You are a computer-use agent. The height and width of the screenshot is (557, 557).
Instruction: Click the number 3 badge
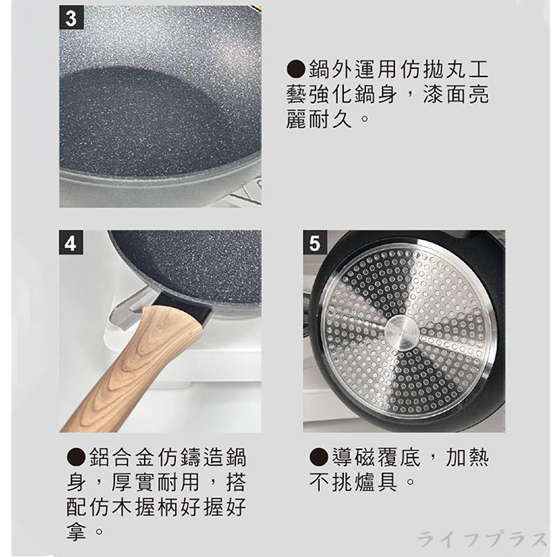point(71,18)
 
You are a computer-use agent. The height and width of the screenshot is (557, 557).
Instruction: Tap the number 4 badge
point(71,243)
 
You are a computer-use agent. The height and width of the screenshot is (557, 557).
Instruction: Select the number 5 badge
point(315,242)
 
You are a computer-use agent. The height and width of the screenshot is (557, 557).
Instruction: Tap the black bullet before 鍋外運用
point(296,69)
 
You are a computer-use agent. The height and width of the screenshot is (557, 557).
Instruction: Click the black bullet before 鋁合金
point(76,457)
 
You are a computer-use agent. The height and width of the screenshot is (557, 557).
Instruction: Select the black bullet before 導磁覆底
point(319,457)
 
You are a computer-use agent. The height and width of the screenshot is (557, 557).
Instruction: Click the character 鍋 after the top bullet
point(319,69)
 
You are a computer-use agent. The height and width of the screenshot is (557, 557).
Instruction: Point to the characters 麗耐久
point(319,118)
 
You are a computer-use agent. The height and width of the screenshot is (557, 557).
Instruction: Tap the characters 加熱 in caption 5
point(467,457)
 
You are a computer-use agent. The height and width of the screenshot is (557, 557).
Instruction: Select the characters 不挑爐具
point(353,482)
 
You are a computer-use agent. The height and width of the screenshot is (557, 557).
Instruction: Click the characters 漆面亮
point(456,94)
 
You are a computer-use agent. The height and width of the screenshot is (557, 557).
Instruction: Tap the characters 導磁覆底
point(376,457)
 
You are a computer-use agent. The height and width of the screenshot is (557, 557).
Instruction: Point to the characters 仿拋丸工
point(445,69)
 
